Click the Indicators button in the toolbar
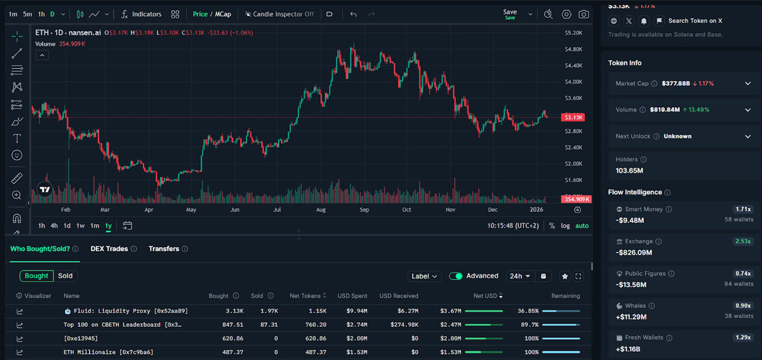tap(141, 15)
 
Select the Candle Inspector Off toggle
tap(279, 15)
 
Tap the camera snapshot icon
tap(584, 15)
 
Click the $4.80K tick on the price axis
tap(573, 49)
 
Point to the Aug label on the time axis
tap(321, 210)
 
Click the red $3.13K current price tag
tap(573, 117)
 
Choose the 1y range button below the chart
tap(109, 225)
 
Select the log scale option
tap(565, 225)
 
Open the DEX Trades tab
tap(109, 249)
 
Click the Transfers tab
tap(164, 249)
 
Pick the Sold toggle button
tap(65, 276)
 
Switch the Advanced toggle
tap(456, 276)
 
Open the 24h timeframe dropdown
tap(520, 276)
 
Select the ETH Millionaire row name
tap(108, 352)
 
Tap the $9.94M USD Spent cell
tap(357, 310)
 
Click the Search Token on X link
tap(695, 21)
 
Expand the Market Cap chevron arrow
tap(748, 83)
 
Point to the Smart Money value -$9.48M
tap(630, 220)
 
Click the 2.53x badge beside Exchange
tap(743, 241)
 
